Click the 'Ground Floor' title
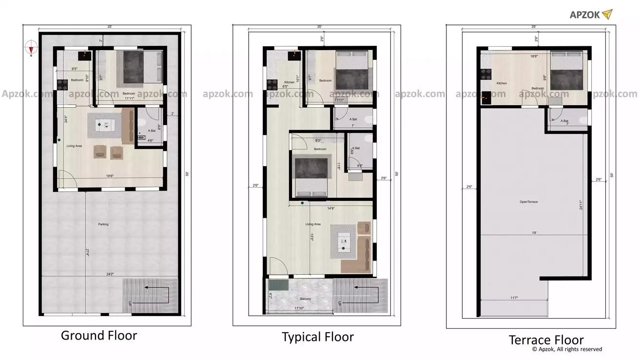(x=98, y=336)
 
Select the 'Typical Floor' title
(x=317, y=337)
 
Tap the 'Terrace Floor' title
(x=546, y=340)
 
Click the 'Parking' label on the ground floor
(x=103, y=225)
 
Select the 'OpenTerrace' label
(x=528, y=202)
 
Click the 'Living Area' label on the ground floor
(x=74, y=146)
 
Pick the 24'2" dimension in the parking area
(x=110, y=275)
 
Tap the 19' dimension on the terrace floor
(x=534, y=233)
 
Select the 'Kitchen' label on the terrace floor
(x=502, y=83)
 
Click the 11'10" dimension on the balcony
(x=301, y=308)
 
